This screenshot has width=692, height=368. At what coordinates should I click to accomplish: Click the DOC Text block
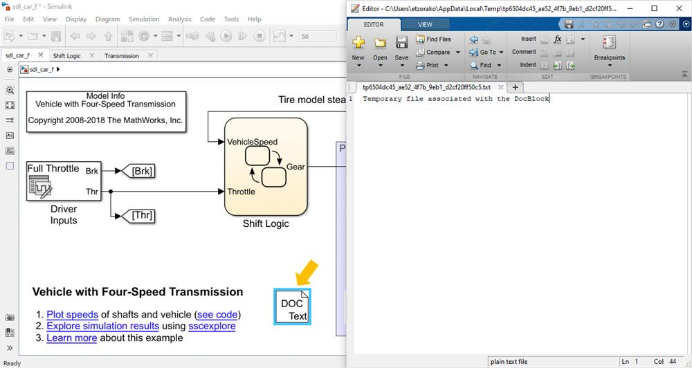292,306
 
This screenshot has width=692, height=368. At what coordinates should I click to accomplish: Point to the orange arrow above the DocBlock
305,273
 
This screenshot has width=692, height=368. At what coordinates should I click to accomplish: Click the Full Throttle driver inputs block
63,181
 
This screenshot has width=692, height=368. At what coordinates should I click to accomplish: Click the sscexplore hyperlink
212,326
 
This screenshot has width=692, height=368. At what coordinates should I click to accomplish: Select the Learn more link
71,338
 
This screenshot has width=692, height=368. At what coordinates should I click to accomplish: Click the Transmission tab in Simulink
122,56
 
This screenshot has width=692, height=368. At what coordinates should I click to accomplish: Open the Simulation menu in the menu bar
144,19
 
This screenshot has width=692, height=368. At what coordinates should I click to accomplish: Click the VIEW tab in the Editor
425,25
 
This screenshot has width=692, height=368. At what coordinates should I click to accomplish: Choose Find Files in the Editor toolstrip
434,39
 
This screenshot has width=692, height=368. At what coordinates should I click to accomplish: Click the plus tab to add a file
515,87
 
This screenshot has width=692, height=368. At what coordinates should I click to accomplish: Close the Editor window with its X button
677,8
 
